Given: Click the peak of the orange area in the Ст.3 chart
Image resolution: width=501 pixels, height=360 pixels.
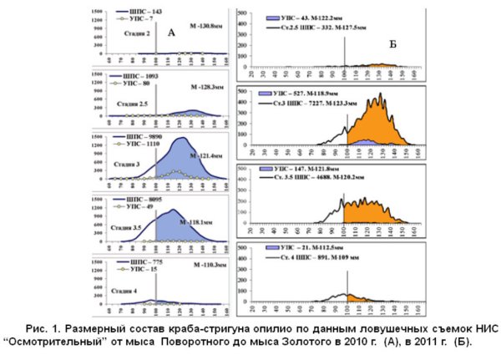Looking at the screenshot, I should [x=380, y=94].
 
